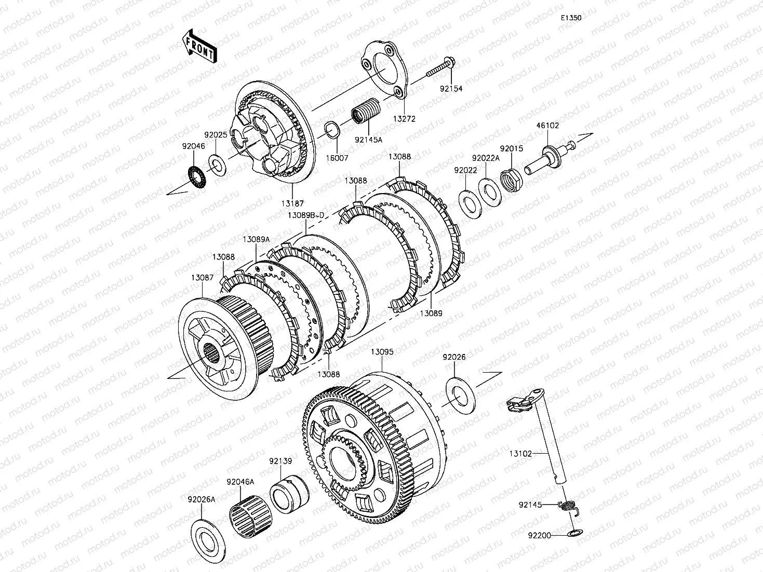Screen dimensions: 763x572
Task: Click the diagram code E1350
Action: coord(571,18)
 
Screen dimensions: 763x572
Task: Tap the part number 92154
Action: coord(451,89)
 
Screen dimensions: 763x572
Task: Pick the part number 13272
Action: coord(404,119)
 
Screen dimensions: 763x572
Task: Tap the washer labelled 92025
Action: coord(217,165)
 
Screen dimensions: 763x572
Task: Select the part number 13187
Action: coord(292,203)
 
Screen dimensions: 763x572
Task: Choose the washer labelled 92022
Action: coord(470,205)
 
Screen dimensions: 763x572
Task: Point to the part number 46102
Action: coord(547,126)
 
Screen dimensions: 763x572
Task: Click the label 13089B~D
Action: coord(306,216)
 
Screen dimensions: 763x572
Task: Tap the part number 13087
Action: coord(203,278)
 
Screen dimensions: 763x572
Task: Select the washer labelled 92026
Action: coord(461,396)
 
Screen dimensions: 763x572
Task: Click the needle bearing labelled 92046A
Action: coord(251,516)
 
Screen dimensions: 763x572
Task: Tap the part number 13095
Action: coord(382,352)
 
